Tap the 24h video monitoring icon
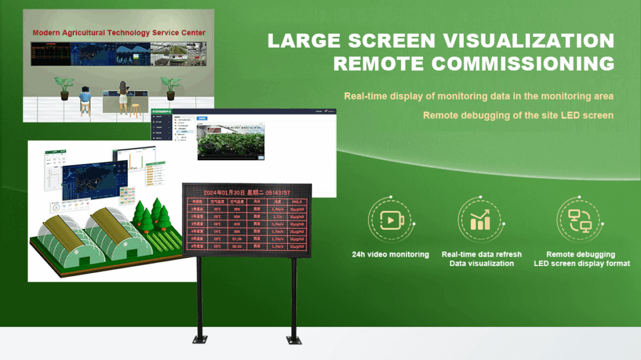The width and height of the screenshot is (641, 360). point(390,220)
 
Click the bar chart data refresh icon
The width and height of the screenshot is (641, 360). point(481,220)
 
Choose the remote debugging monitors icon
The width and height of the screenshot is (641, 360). point(580,220)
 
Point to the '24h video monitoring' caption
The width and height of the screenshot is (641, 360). point(390,254)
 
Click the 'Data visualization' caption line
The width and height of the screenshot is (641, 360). point(481,264)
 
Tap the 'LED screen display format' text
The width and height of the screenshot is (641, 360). point(582,264)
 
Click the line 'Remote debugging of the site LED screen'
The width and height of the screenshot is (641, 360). point(518,115)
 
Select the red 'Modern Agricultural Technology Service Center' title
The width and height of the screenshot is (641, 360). point(119,33)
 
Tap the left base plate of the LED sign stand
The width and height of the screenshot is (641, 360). point(199,340)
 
